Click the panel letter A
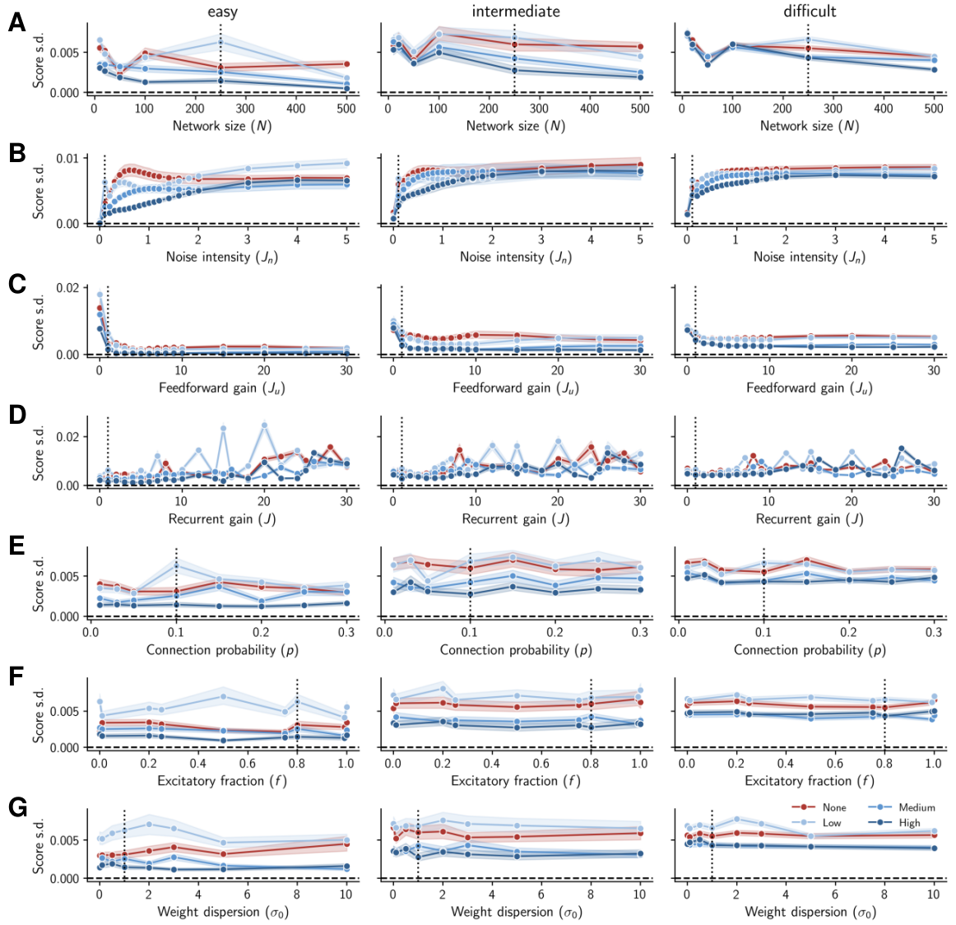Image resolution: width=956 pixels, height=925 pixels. point(16,22)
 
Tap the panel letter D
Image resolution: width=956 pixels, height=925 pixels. point(16,415)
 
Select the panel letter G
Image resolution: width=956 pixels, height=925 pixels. point(16,806)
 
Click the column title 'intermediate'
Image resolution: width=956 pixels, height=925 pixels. point(515,12)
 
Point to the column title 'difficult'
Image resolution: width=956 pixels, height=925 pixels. point(810,12)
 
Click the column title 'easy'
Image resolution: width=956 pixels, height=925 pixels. point(222,12)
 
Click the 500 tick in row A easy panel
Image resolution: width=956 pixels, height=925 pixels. point(346,108)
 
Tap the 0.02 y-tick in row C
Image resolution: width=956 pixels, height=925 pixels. point(68,287)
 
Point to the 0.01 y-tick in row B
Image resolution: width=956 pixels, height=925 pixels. point(68,158)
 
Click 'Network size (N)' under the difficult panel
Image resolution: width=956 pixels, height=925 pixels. point(809,126)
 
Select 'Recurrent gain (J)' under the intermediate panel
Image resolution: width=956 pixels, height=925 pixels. point(515,518)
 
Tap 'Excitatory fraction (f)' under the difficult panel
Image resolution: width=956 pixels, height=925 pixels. point(809,780)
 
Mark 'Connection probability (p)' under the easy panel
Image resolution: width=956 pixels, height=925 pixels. point(222,649)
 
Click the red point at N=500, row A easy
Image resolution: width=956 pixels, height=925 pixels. point(346,63)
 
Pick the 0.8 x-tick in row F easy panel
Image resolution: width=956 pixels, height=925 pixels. point(297,763)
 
